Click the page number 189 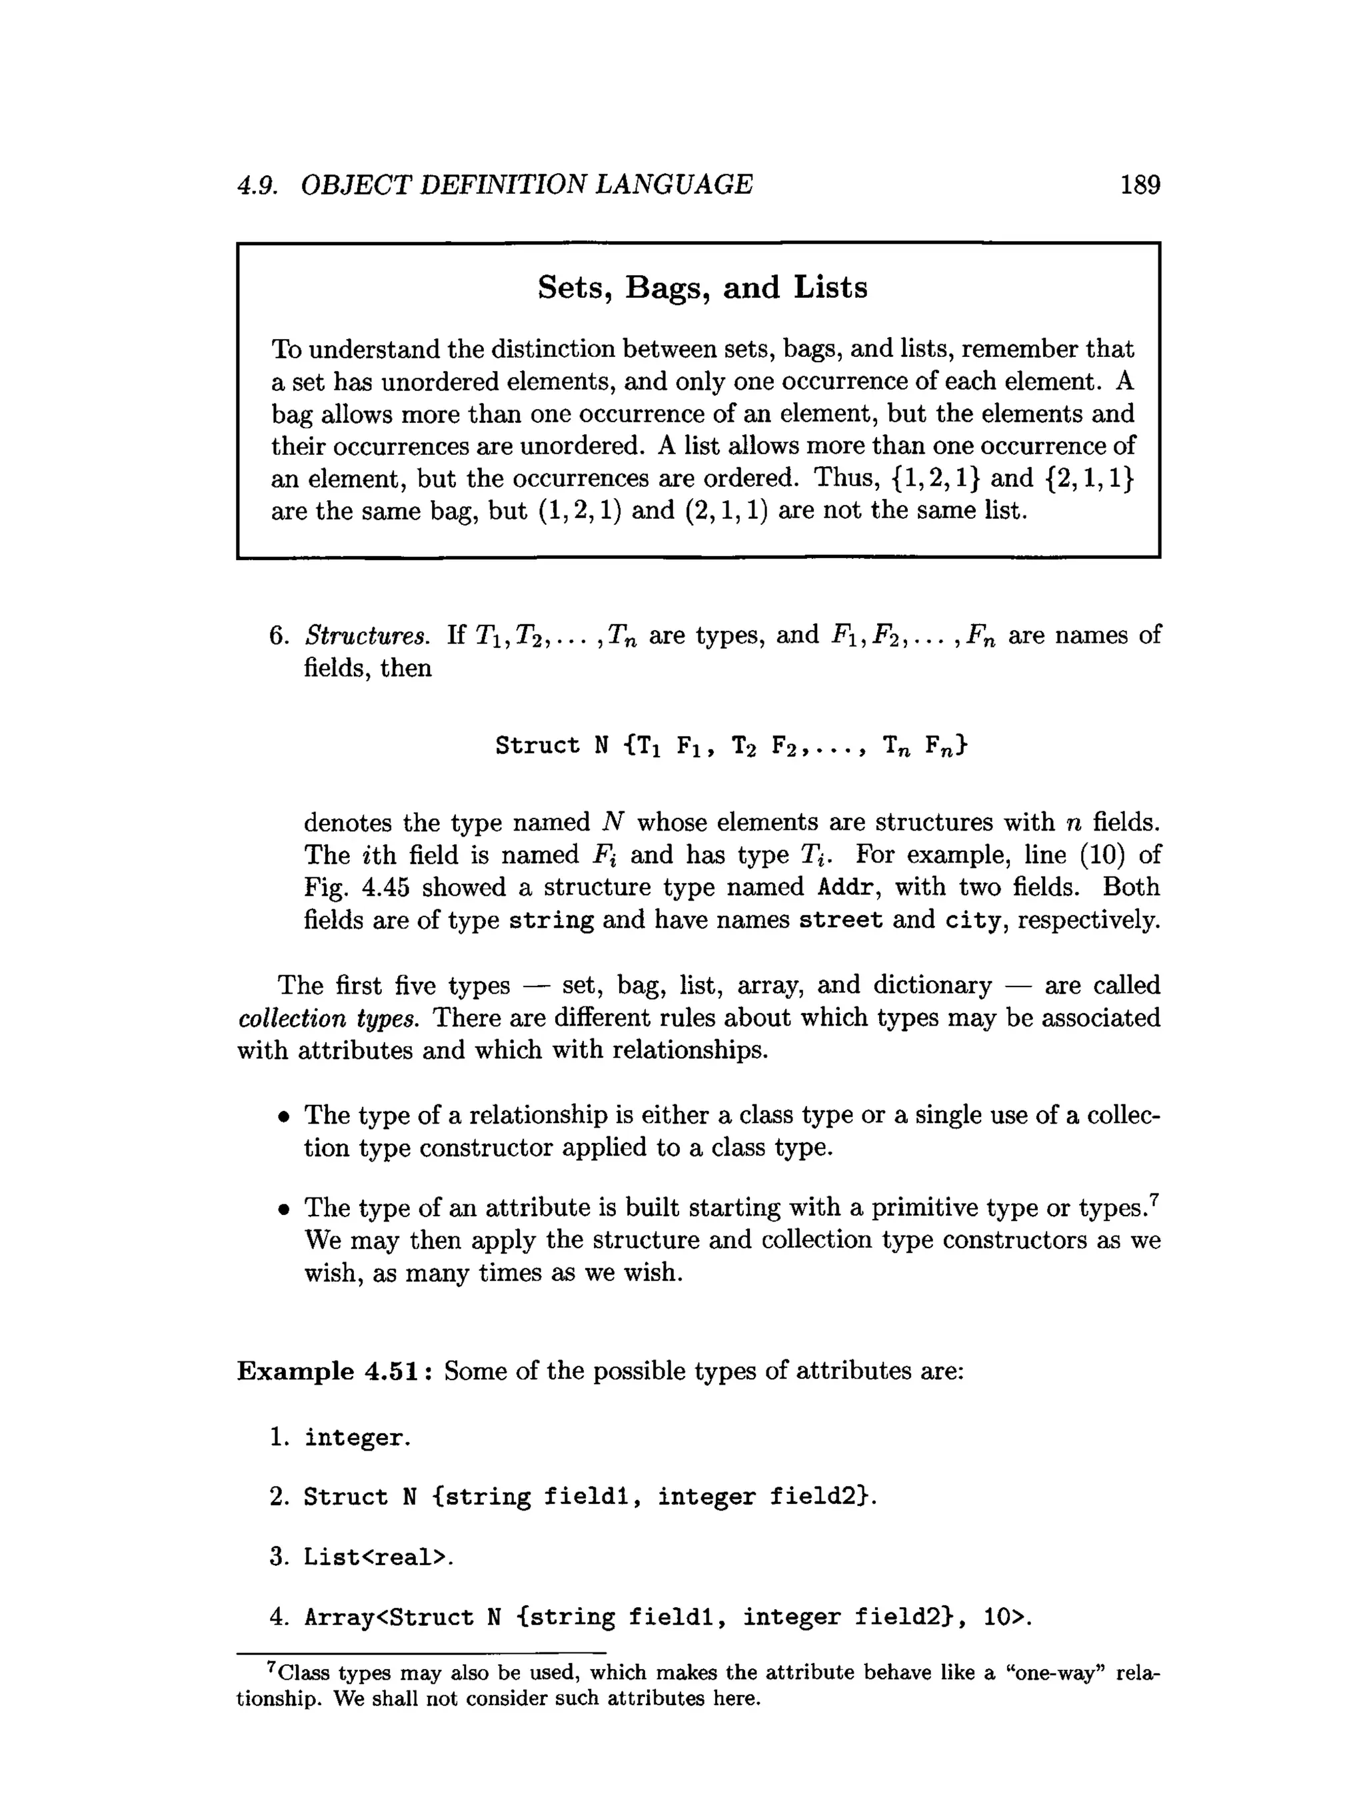(1140, 184)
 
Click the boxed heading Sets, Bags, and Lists (701, 287)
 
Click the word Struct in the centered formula (537, 745)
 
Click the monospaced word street (840, 920)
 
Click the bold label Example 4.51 (337, 1371)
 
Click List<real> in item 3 (375, 1558)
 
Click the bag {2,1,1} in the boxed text (1088, 478)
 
